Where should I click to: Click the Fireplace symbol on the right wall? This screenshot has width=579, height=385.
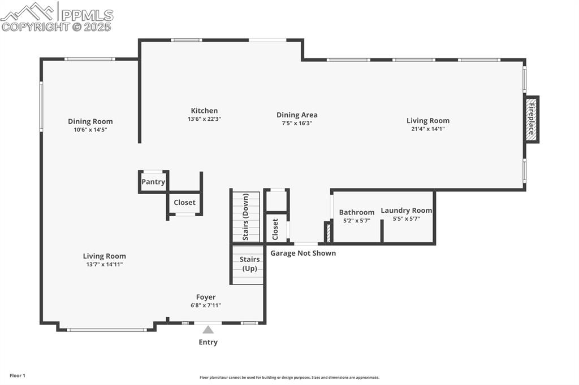(x=532, y=120)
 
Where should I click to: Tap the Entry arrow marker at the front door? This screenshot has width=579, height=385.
(x=208, y=330)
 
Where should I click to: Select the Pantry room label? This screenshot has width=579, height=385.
(x=153, y=182)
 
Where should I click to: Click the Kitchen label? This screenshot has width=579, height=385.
(x=204, y=111)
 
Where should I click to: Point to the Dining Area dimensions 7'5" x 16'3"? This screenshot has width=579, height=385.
(x=297, y=123)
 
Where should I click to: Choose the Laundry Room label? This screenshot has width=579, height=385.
(x=406, y=211)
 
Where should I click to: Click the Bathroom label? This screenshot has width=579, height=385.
(x=357, y=212)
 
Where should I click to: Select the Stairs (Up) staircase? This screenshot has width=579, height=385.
(x=249, y=264)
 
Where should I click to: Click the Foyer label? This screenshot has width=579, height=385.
(x=206, y=297)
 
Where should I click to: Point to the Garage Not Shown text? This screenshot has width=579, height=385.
(x=303, y=253)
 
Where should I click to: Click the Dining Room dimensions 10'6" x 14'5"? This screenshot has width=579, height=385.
(x=90, y=129)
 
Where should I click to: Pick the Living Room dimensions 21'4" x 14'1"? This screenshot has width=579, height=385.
(x=428, y=129)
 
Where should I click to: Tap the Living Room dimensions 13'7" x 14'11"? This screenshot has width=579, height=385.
(x=105, y=264)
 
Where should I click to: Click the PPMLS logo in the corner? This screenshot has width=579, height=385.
(x=57, y=16)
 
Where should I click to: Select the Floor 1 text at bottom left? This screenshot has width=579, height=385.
(x=17, y=375)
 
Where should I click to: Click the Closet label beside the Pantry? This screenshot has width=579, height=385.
(x=184, y=202)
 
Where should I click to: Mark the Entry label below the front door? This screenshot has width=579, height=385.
(x=208, y=342)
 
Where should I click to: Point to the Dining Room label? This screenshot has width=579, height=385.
(x=90, y=121)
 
